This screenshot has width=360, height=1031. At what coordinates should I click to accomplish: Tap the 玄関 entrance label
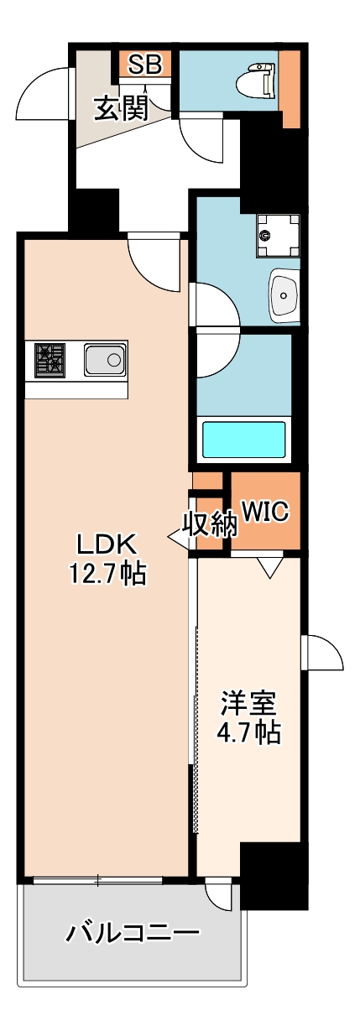(x=121, y=107)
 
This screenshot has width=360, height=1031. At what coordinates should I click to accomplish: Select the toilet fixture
(x=257, y=81)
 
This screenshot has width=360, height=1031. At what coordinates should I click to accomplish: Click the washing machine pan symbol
(x=278, y=230)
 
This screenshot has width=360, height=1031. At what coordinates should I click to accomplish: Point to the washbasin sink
(x=286, y=294)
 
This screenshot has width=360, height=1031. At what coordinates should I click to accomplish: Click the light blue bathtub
(x=244, y=439)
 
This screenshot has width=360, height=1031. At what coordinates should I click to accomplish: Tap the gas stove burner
(x=50, y=360)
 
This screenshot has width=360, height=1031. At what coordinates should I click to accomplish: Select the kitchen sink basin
(x=105, y=361)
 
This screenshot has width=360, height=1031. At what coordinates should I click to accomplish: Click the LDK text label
(x=107, y=544)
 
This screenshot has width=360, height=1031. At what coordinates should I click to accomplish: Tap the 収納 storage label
(x=210, y=524)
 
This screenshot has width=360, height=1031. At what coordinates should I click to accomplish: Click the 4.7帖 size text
(x=248, y=732)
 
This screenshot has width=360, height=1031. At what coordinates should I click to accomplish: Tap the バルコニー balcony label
(x=134, y=933)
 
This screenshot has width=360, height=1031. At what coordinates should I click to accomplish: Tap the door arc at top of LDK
(x=156, y=263)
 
